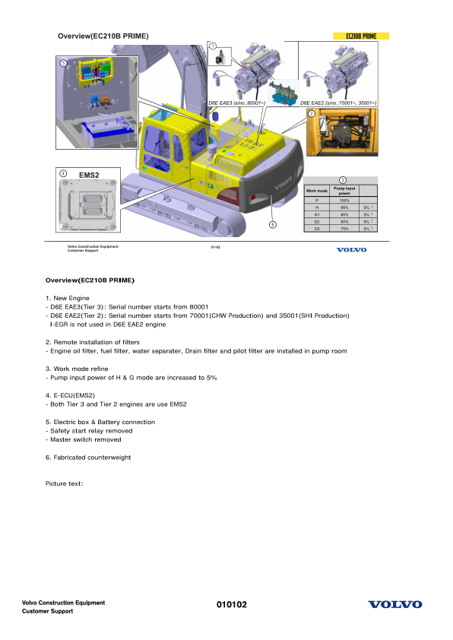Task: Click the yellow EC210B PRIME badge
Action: click(x=362, y=36)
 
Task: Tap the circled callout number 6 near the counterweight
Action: click(x=272, y=224)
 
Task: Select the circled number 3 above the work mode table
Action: click(x=343, y=179)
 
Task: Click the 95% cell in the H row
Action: click(x=344, y=207)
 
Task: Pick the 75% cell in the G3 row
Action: click(x=344, y=228)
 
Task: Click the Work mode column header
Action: click(x=316, y=190)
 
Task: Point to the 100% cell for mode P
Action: click(x=344, y=200)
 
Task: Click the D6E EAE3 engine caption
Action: click(x=236, y=102)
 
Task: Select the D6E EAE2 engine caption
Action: click(x=338, y=102)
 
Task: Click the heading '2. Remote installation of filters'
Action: click(x=93, y=343)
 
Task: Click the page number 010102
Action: click(x=232, y=604)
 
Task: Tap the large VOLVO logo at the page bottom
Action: click(x=394, y=604)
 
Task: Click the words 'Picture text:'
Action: click(x=64, y=483)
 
